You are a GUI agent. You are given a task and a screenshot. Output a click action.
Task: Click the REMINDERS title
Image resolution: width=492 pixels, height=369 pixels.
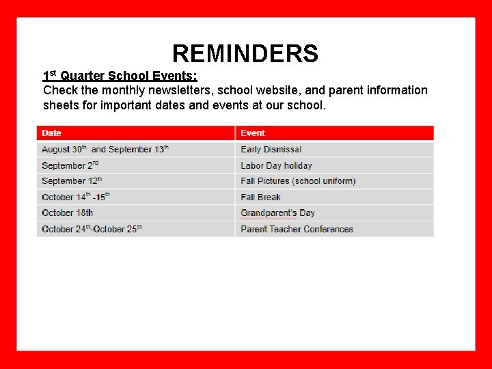click(245, 53)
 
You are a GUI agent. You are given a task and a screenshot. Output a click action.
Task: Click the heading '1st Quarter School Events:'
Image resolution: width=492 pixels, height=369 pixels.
click(120, 76)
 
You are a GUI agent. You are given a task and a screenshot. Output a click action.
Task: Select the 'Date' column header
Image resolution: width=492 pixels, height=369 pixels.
click(51, 133)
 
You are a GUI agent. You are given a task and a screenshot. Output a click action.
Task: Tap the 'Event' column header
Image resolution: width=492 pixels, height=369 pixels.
click(253, 133)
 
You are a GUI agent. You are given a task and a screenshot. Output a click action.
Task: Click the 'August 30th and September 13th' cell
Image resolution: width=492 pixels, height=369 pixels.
click(105, 149)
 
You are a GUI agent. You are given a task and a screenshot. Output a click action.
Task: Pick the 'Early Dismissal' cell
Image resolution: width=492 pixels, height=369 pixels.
click(271, 149)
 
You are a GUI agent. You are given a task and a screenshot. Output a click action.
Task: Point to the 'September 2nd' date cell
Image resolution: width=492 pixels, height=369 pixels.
click(70, 165)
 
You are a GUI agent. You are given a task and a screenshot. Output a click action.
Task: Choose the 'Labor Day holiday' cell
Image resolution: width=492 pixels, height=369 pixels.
click(276, 165)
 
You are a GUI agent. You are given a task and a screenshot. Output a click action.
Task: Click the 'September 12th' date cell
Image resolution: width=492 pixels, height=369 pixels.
click(72, 181)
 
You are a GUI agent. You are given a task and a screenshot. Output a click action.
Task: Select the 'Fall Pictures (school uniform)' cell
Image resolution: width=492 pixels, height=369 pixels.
click(298, 181)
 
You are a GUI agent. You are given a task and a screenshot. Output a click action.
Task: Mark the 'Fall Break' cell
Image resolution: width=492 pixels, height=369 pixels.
click(260, 197)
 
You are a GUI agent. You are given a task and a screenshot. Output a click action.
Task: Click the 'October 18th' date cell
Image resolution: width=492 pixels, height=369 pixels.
click(67, 213)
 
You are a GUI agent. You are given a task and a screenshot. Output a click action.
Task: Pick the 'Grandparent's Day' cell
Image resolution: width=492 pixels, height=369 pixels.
click(277, 213)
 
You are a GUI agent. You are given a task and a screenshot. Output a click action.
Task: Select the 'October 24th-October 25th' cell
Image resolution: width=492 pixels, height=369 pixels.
click(92, 229)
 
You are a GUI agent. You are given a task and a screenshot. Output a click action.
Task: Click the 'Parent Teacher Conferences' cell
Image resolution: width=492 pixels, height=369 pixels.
click(297, 229)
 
